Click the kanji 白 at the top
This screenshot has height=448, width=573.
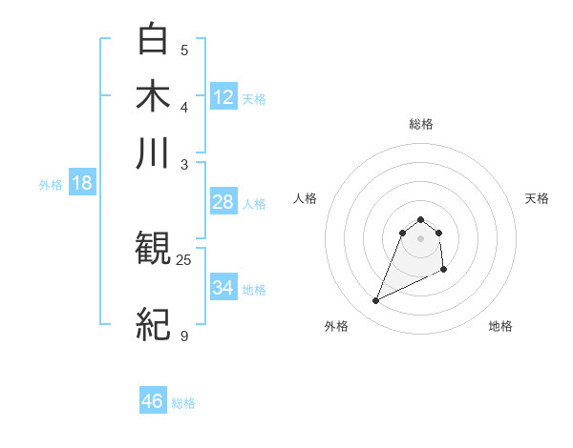coord(154,39)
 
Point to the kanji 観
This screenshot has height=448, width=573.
coord(154,250)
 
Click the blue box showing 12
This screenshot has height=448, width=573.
coord(223,96)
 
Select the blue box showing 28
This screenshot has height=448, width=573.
coord(223,202)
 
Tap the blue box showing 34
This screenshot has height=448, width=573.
coord(223,287)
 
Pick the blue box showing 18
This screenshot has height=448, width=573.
coord(82,183)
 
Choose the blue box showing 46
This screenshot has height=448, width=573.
coord(153,401)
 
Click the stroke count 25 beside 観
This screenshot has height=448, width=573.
coord(184,259)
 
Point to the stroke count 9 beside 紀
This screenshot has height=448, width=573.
coord(184,336)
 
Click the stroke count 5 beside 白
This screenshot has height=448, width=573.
coord(184,51)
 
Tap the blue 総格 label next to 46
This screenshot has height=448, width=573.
coord(183,403)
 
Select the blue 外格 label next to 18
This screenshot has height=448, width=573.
coord(51,185)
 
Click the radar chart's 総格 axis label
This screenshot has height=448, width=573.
coord(421,124)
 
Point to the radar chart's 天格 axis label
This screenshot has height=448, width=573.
coord(538,198)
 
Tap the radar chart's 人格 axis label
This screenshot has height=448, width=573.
coord(306,198)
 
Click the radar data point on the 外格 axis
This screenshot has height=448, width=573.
coord(376,301)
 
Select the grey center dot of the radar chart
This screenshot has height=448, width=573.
coord(421,238)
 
